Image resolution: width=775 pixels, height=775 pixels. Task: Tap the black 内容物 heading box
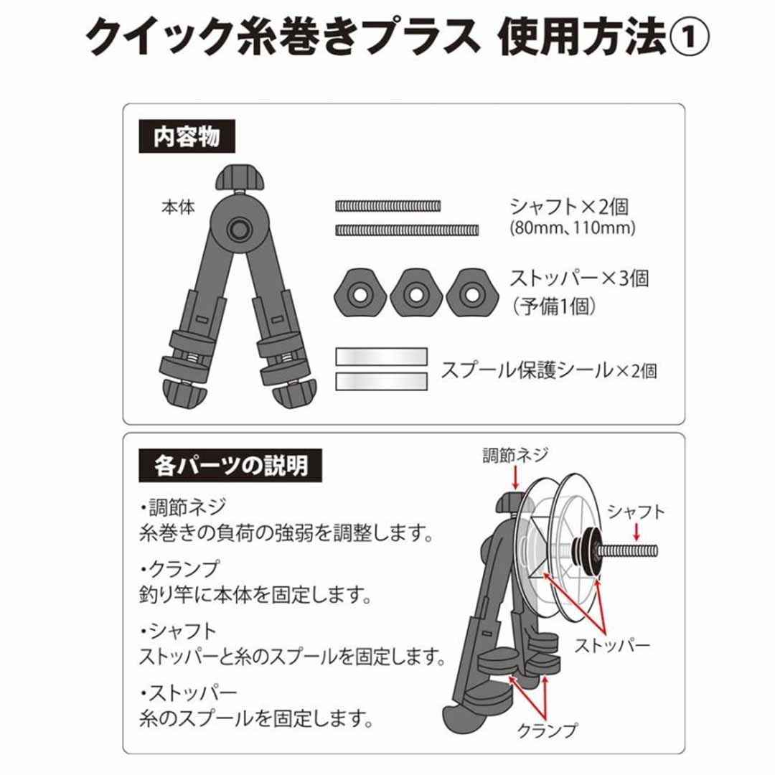pos(187,136)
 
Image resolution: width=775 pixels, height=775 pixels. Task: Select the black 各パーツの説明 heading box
pos(230,466)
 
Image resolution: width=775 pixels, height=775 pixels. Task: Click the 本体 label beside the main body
pos(178,207)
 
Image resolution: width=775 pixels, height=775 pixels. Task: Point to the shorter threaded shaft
pos(388,206)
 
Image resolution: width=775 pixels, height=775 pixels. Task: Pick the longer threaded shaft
pos(408,230)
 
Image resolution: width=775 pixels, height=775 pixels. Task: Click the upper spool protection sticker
pos(382,357)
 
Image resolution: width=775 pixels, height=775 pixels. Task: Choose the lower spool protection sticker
pos(382,382)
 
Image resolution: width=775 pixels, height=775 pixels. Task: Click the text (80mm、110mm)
pos(573,228)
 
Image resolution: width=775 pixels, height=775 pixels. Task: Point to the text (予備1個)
pos(553,307)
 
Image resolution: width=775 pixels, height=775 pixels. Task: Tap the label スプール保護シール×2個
pos(549,371)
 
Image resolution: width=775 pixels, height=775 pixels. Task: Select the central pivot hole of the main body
pos(239,230)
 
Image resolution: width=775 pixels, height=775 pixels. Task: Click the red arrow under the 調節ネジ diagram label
pos(515,479)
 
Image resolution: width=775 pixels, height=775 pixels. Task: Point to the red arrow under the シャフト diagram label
pos(636,532)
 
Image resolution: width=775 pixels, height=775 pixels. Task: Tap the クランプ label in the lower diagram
pos(547,730)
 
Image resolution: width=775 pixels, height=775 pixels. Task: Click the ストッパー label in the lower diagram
pos(612,645)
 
